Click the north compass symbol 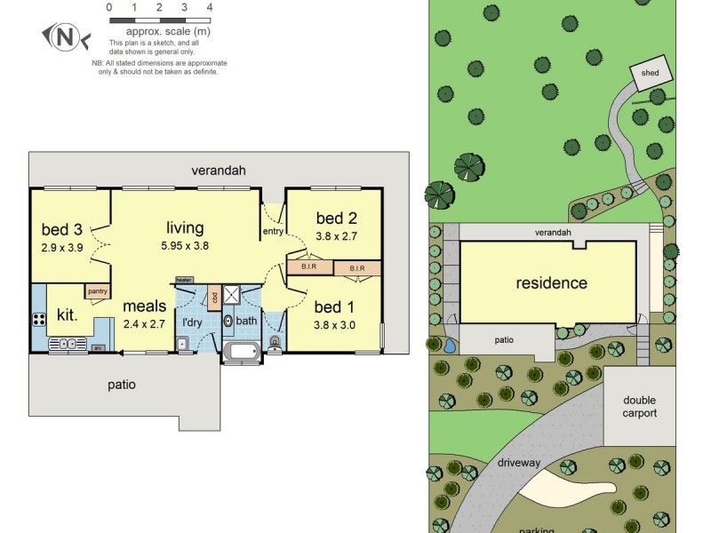click(62, 36)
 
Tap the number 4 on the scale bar click(209, 7)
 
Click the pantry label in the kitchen click(98, 290)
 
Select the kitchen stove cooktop click(40, 319)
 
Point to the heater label click(184, 280)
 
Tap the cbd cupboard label click(214, 297)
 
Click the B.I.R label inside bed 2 click(309, 266)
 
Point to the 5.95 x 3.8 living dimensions click(185, 246)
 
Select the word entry click(272, 232)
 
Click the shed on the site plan click(648, 73)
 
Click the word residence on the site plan click(552, 283)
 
